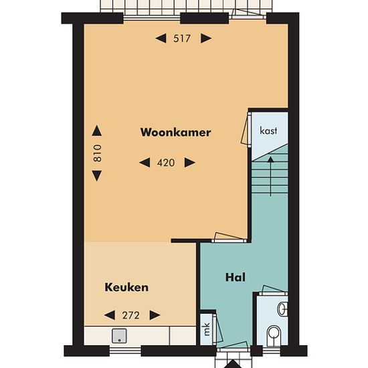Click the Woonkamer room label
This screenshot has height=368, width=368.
175,132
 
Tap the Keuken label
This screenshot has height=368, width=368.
126,287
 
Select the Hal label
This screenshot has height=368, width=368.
236,278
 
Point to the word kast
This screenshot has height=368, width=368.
268,130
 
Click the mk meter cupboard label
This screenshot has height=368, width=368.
207,329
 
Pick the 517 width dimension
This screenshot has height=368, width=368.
182,39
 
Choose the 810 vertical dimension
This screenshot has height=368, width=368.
98,153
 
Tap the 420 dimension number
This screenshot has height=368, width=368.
166,163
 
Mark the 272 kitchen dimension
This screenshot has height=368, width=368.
131,315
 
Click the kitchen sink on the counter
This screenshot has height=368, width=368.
119,336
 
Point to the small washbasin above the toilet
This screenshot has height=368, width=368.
282,309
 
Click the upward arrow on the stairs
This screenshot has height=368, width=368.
270,177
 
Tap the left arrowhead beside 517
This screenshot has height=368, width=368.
161,39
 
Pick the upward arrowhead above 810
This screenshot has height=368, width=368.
97,130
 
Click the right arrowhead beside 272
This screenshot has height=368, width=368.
155,315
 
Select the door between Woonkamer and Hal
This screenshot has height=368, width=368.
229,238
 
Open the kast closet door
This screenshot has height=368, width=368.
246,129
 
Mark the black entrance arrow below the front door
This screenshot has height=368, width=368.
232,364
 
